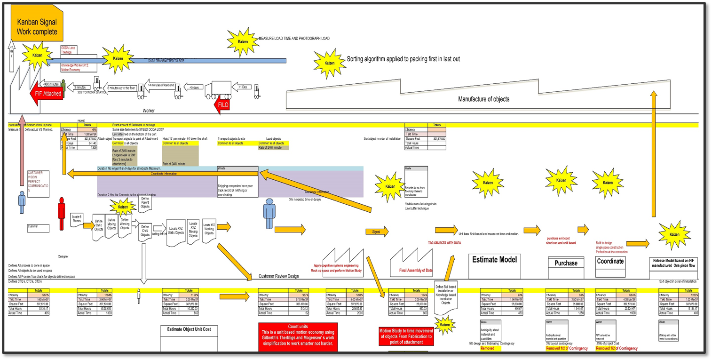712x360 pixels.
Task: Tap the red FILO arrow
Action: pos(222,105)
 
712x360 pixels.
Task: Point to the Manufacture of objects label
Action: pos(483,99)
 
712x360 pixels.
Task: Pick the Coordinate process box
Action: pos(610,262)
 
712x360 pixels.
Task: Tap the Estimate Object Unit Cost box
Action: pos(189,329)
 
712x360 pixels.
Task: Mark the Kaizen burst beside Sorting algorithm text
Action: pos(329,63)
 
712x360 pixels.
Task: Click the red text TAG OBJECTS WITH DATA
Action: pos(444,243)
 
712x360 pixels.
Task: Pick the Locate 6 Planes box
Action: pos(77,217)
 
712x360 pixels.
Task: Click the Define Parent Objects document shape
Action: pos(145,202)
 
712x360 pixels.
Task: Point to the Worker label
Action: pos(149,111)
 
